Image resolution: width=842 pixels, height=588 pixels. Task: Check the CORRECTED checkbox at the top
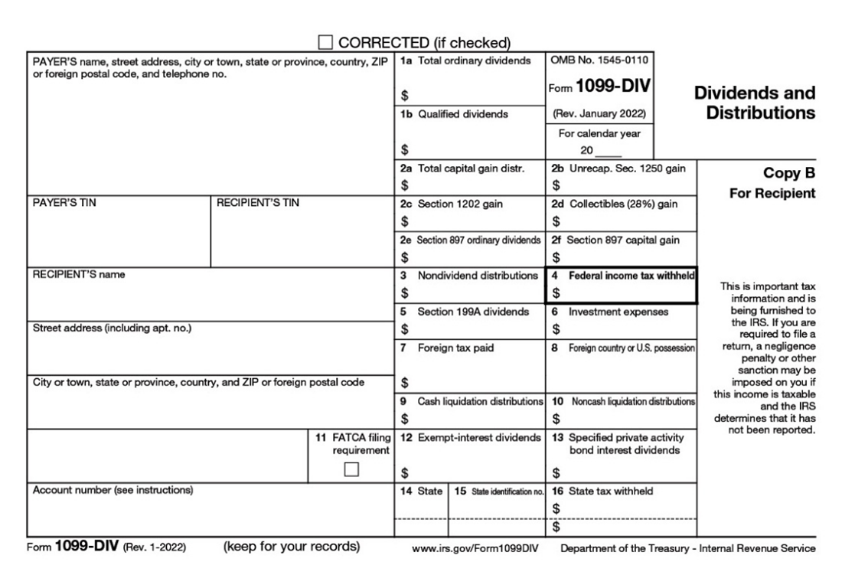pyautogui.click(x=325, y=42)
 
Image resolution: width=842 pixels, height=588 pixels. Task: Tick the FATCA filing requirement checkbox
pyautogui.click(x=351, y=469)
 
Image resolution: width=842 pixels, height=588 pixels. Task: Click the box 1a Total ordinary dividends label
pyautogui.click(x=465, y=60)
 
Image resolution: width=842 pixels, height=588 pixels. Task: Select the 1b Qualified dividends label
pyautogui.click(x=454, y=114)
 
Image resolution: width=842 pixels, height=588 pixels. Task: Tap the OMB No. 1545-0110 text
pyautogui.click(x=599, y=60)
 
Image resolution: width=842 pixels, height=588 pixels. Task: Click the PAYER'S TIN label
pyautogui.click(x=65, y=203)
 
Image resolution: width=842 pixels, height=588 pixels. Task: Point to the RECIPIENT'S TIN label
pyautogui.click(x=258, y=203)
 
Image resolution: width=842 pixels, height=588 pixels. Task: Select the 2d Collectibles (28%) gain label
pyautogui.click(x=615, y=204)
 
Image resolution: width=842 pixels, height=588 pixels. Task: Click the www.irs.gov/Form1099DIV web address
pyautogui.click(x=475, y=549)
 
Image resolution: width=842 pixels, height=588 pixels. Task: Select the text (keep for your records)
pyautogui.click(x=291, y=547)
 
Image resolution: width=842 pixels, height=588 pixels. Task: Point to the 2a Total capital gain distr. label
pyautogui.click(x=462, y=168)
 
